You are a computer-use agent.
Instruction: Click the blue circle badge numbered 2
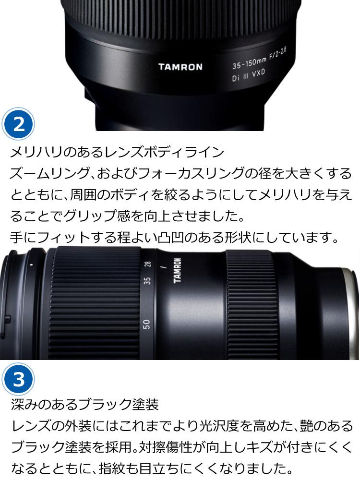click(x=19, y=125)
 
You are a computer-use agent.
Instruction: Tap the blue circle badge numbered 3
click(x=19, y=379)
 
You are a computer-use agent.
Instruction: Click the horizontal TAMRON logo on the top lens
click(x=180, y=67)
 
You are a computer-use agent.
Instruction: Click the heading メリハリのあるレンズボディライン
click(x=117, y=152)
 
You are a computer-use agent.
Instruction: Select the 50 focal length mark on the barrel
click(x=147, y=324)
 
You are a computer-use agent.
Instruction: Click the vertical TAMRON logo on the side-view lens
click(x=178, y=271)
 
